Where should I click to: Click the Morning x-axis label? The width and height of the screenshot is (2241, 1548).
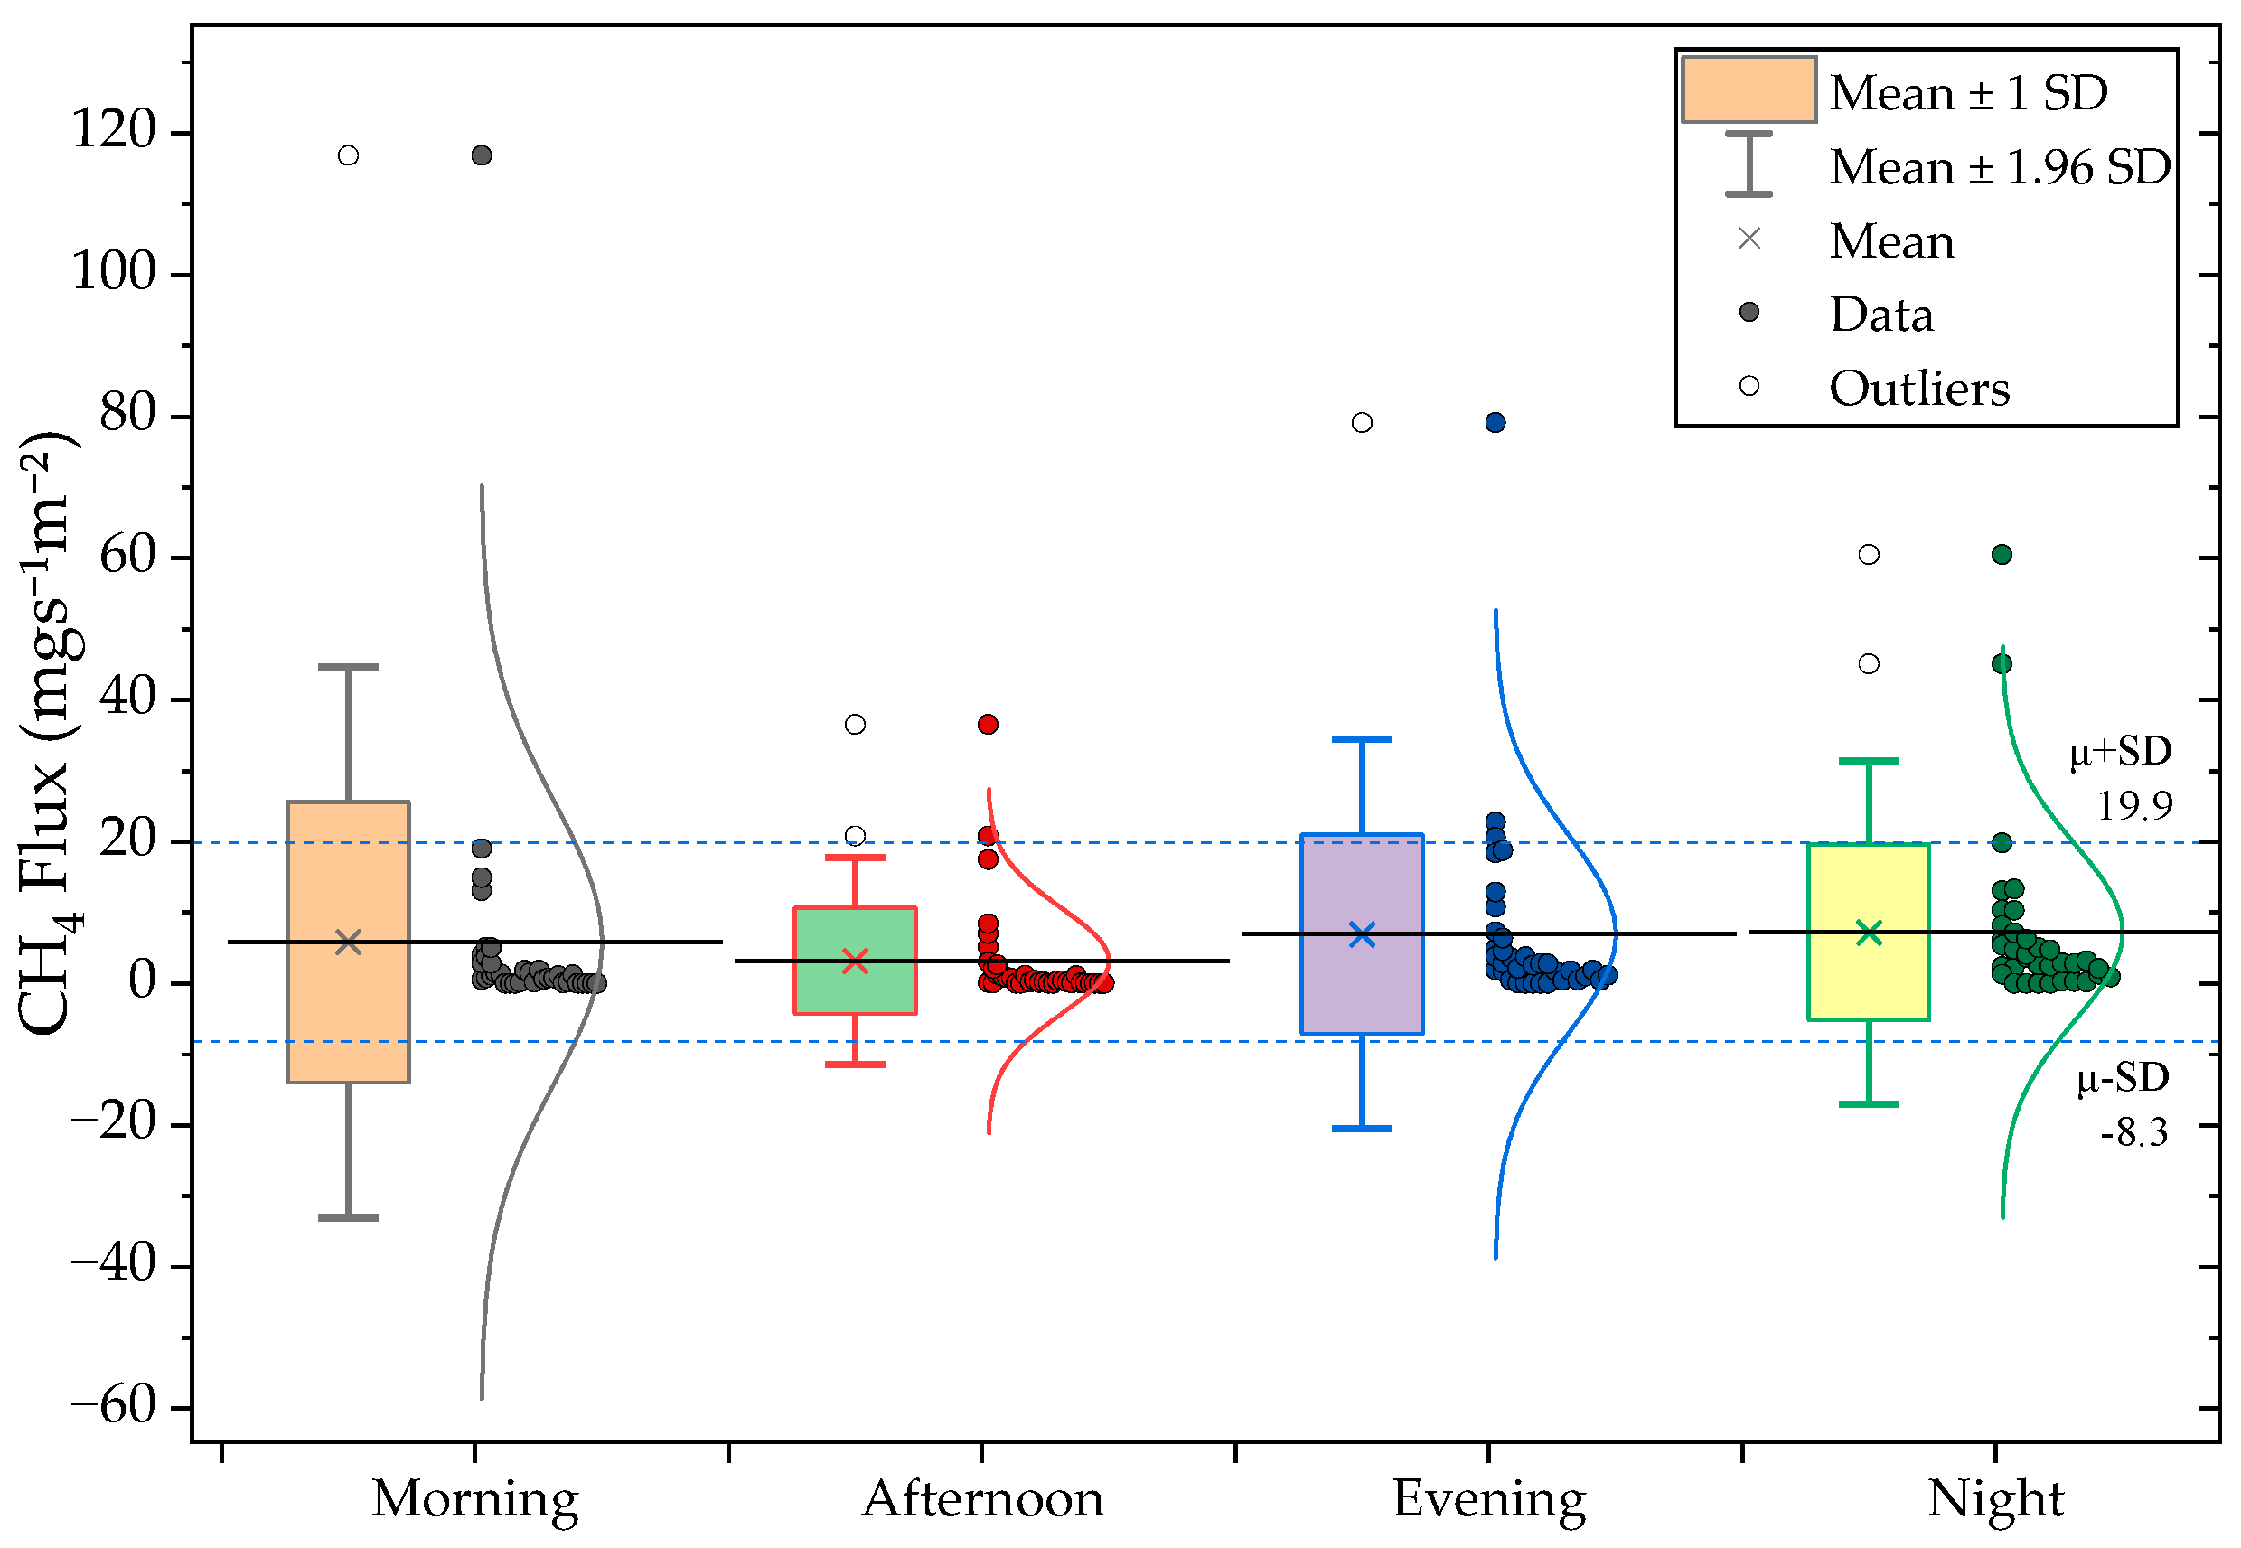475,1499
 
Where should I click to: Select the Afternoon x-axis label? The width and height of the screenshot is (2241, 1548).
982,1499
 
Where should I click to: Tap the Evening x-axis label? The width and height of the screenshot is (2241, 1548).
1489,1499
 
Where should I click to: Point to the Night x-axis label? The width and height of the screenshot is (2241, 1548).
1995,1499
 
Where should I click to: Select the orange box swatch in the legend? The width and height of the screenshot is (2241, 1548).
1749,90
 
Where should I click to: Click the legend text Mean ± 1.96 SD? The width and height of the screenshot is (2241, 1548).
2000,167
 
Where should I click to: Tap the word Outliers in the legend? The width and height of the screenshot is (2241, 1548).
1920,388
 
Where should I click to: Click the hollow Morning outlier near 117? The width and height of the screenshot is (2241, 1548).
348,156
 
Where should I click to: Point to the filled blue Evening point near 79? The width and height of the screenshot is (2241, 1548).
1496,423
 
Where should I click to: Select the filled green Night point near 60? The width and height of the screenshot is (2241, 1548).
2002,555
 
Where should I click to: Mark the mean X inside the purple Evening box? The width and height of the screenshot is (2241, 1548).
1362,935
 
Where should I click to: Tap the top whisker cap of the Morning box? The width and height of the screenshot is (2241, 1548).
348,667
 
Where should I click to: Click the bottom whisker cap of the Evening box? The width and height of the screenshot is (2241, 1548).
1362,1129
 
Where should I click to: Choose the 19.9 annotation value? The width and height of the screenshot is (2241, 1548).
2134,805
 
